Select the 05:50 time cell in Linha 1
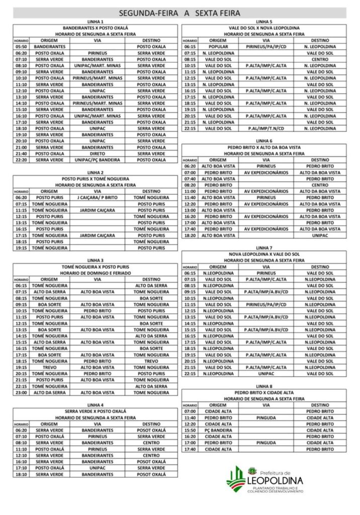[21, 46]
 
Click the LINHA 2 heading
[96, 173]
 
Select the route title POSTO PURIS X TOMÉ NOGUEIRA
[96, 179]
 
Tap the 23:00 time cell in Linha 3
[21, 392]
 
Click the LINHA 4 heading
[96, 404]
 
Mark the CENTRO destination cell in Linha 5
[320, 59]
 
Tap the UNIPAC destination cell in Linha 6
[320, 235]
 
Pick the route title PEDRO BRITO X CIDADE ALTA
[264, 392]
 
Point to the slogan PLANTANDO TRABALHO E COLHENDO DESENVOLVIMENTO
[276, 489]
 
